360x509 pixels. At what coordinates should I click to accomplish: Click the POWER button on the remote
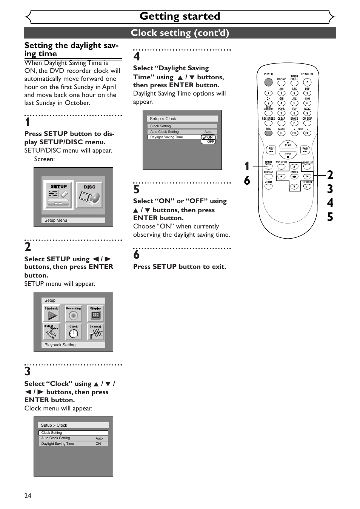(268, 82)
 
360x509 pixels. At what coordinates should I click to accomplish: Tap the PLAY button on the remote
(288, 144)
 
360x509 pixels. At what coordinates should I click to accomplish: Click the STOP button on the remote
(288, 155)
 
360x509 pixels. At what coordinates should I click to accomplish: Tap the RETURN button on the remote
(307, 187)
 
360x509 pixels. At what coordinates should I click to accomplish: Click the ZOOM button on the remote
(268, 187)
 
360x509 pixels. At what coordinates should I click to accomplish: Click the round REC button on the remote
(268, 133)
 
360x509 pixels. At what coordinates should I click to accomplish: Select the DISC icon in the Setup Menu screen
(89, 195)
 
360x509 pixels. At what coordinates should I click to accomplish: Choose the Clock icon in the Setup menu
(73, 332)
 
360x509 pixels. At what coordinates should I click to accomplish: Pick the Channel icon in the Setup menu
(95, 332)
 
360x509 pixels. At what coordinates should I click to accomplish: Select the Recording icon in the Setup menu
(73, 314)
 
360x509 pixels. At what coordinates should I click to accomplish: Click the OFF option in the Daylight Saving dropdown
(210, 142)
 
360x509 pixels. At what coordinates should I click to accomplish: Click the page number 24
(28, 496)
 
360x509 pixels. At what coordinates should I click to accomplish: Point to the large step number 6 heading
(137, 255)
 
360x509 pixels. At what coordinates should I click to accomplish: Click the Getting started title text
(180, 16)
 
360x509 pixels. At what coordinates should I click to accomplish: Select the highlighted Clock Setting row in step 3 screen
(73, 433)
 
